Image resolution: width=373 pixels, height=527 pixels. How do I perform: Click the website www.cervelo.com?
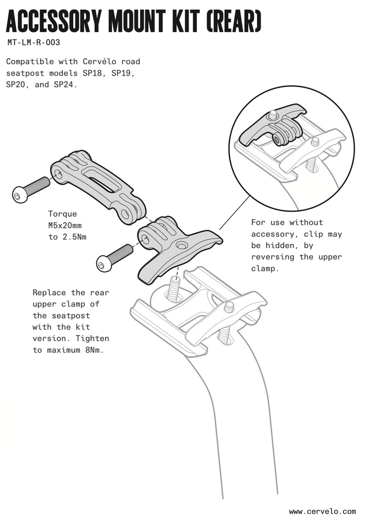(322, 512)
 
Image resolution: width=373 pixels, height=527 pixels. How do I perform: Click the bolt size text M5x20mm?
(65, 225)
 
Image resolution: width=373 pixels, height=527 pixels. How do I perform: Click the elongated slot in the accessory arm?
(98, 179)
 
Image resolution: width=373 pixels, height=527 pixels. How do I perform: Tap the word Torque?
(62, 214)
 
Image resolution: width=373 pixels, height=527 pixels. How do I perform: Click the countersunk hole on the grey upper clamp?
(181, 247)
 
